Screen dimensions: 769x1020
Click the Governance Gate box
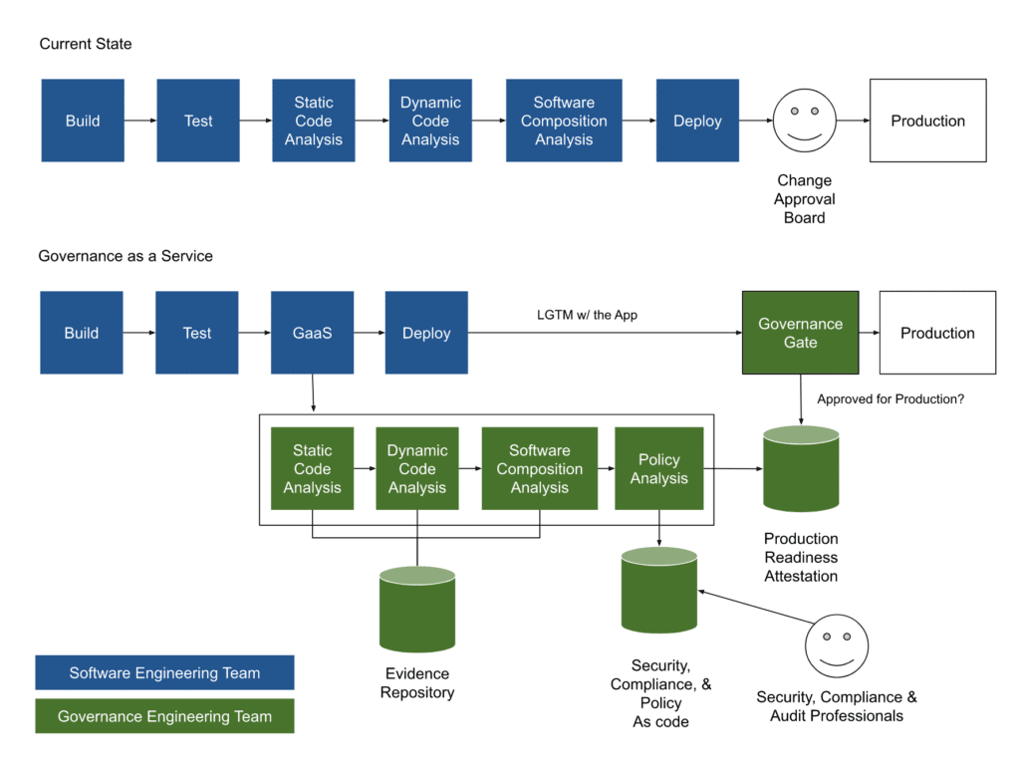801,333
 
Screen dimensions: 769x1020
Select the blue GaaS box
313,333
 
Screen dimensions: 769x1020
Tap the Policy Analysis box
658,468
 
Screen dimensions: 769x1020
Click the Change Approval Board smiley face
804,122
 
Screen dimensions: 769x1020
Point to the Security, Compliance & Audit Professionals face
836,645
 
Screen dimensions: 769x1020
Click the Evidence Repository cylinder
416,610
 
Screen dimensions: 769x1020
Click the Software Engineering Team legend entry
164,672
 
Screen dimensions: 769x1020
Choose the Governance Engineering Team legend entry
164,716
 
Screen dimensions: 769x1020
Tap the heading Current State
86,44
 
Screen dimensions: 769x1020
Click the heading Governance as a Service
126,256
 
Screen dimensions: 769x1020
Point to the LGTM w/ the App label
587,315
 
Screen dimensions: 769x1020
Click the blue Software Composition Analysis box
564,121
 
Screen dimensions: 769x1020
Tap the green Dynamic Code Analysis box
416,468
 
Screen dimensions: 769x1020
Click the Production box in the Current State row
927,121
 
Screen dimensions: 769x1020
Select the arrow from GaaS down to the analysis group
313,392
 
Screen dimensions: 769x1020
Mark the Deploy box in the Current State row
697,121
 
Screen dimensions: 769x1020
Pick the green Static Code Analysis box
312,468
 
